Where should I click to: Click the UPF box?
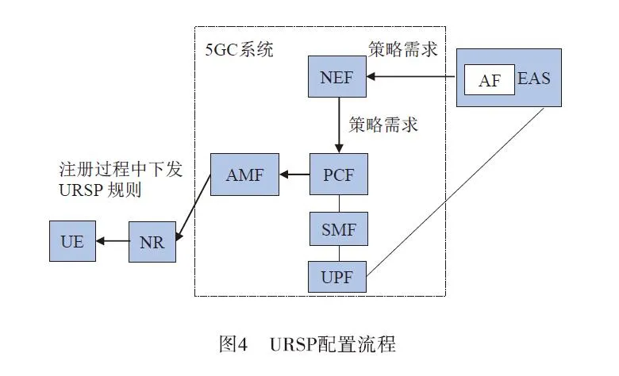(338, 278)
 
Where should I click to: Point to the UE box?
(72, 242)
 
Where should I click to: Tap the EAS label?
(533, 80)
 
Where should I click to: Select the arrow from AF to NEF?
(413, 78)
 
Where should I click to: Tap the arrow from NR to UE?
(112, 242)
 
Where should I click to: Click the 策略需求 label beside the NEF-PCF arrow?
(383, 125)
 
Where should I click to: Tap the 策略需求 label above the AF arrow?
(403, 50)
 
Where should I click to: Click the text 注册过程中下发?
(121, 170)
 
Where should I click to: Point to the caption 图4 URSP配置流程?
(307, 345)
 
